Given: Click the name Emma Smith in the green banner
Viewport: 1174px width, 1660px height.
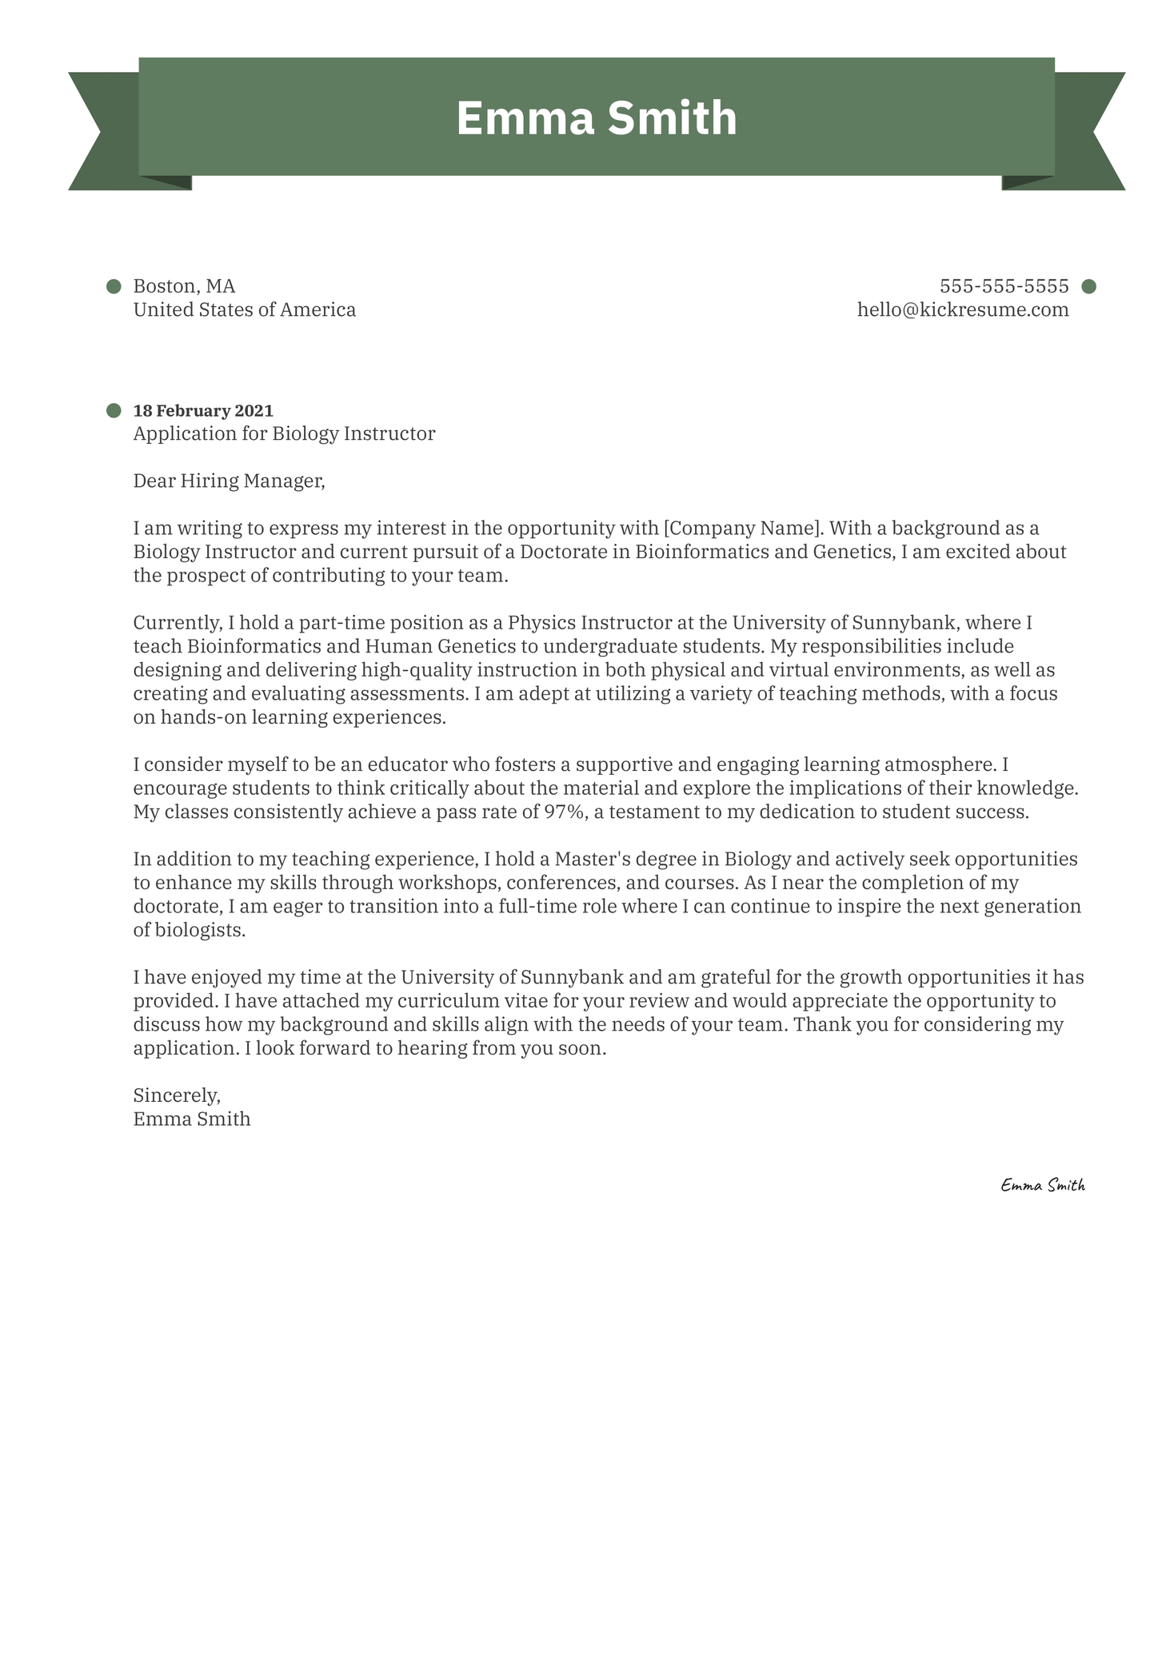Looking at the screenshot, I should click(596, 118).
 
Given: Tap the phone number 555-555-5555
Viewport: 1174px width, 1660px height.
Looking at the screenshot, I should click(1004, 286).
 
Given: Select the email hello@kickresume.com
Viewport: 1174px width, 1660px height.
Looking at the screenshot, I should click(963, 309).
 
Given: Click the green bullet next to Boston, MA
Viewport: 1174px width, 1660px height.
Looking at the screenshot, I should click(114, 286).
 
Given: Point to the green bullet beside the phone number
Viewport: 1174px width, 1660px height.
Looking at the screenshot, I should click(1088, 286).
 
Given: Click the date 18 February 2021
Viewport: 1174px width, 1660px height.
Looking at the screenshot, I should click(203, 411).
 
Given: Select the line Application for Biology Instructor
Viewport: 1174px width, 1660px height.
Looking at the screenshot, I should click(284, 434).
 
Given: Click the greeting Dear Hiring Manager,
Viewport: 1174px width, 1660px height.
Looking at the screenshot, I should click(230, 481).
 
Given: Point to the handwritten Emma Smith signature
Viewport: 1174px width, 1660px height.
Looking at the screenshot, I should click(1042, 1186).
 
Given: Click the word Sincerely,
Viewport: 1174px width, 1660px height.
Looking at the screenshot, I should click(177, 1095).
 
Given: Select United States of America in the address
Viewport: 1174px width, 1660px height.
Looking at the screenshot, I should click(244, 309).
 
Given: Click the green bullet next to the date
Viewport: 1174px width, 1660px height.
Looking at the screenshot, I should click(114, 411).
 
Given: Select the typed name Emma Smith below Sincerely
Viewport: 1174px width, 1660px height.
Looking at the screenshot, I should click(192, 1119).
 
